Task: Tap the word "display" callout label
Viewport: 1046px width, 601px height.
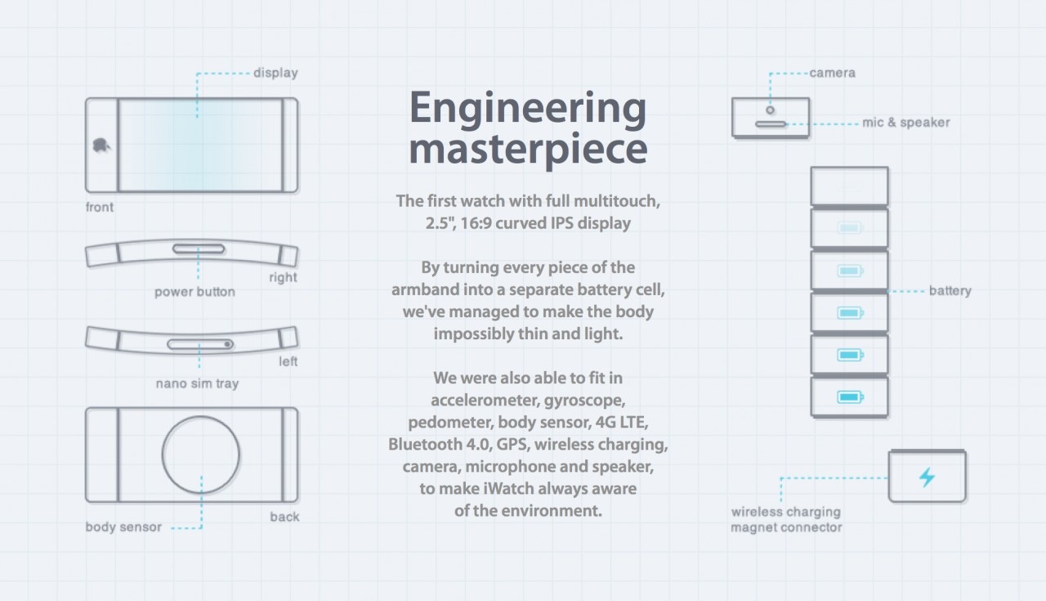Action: point(275,73)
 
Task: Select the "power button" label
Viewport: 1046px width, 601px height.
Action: point(194,292)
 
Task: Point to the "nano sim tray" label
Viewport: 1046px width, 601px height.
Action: point(197,383)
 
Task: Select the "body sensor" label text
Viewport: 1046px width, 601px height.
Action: point(123,527)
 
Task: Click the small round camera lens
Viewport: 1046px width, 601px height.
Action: point(770,109)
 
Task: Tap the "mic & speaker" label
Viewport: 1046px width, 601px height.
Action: point(905,123)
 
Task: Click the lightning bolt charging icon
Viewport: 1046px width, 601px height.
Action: point(927,478)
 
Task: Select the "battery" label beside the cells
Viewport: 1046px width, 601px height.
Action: point(950,291)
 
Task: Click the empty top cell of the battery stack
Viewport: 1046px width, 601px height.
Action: point(849,186)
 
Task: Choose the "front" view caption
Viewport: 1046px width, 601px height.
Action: point(100,207)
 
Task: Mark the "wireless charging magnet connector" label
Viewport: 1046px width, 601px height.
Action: point(785,520)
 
